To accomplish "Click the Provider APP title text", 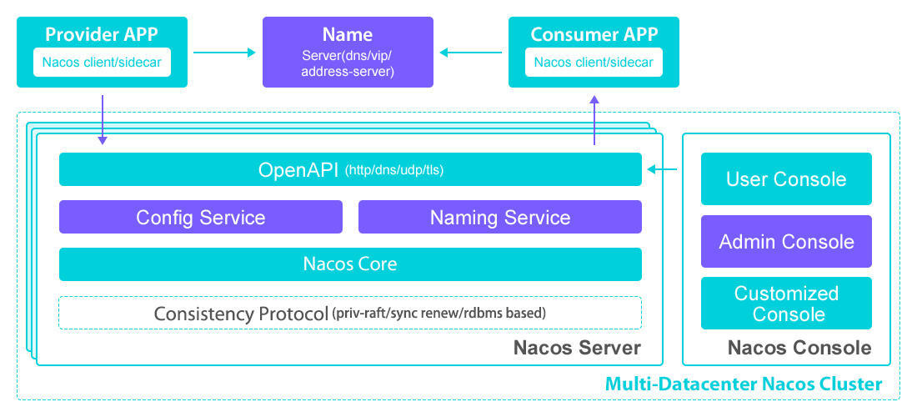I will click(102, 34).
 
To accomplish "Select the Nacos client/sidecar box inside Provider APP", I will click(102, 63).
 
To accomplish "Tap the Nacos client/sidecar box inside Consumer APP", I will click(594, 63).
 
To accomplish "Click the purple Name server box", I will click(348, 52).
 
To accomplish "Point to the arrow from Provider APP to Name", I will click(224, 53).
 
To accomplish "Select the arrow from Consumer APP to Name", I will click(471, 53).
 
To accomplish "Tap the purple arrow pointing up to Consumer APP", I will click(594, 120).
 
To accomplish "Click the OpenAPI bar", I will click(350, 170).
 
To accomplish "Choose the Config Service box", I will click(200, 218).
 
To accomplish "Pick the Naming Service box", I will click(499, 218).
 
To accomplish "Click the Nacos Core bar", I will click(350, 264).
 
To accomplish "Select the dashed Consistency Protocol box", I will click(350, 314).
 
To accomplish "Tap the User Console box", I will click(785, 179).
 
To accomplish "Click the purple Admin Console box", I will click(785, 242).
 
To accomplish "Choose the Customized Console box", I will click(785, 304).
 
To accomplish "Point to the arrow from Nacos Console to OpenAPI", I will click(663, 170).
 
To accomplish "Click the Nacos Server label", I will click(577, 348).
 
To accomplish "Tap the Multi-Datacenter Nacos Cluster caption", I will click(743, 384).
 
